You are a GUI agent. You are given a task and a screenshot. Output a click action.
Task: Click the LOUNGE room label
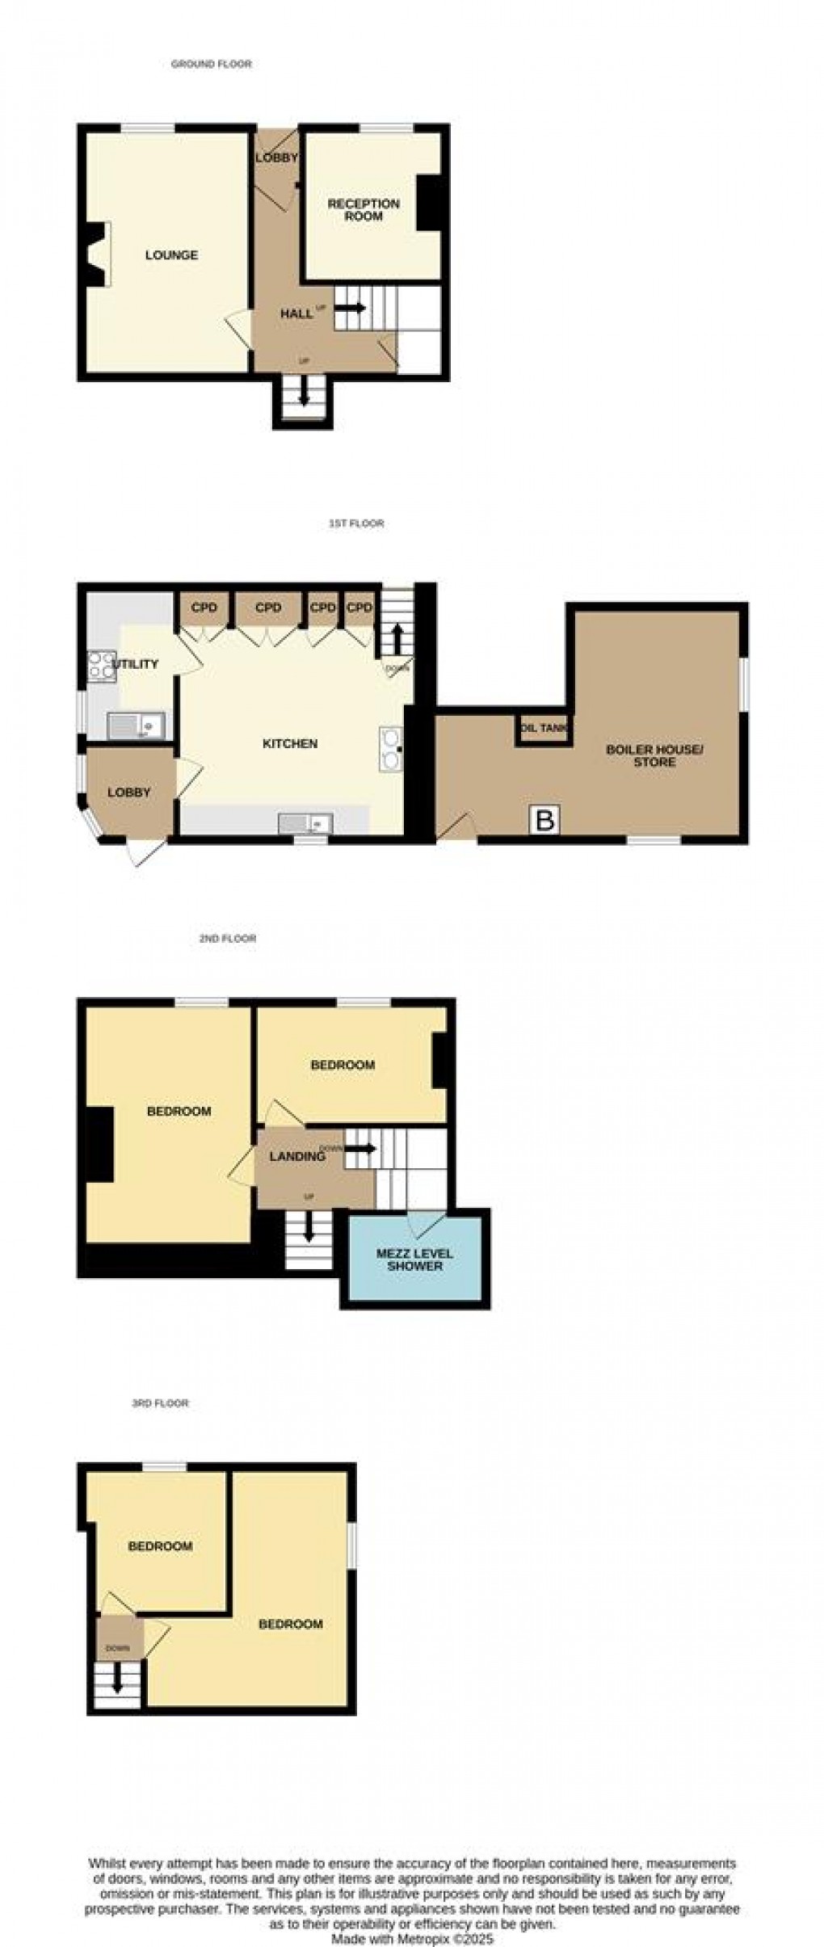coord(171,255)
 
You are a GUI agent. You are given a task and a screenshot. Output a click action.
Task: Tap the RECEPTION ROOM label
coord(364,210)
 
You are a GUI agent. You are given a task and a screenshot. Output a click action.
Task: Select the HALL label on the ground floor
coord(296,313)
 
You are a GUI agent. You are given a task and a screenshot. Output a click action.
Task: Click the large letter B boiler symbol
coord(545,821)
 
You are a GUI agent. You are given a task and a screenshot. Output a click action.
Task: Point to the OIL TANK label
coord(544,728)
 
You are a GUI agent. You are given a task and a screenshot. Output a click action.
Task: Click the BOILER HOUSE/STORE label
coord(654,755)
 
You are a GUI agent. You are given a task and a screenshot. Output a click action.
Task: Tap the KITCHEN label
coord(290,743)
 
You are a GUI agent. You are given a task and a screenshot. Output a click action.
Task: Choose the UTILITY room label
coord(136,664)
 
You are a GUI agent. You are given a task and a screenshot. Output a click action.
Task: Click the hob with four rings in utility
coord(102,666)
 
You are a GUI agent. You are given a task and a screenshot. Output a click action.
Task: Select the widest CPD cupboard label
coord(267,608)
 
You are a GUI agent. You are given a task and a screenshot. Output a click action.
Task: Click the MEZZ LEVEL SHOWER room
coord(414,1259)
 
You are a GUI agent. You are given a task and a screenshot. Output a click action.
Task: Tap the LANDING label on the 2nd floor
coord(296,1157)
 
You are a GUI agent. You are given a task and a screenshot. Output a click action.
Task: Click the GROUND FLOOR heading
coord(211,64)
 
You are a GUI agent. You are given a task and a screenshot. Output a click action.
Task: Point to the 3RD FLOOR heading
coord(160,1403)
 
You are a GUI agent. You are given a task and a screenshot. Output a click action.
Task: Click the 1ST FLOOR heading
coord(356,524)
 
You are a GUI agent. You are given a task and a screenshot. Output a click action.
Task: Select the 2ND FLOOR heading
coord(227,939)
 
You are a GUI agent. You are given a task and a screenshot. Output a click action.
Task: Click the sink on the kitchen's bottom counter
coord(305,823)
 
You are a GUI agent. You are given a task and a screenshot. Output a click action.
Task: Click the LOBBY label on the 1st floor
coord(129,793)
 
